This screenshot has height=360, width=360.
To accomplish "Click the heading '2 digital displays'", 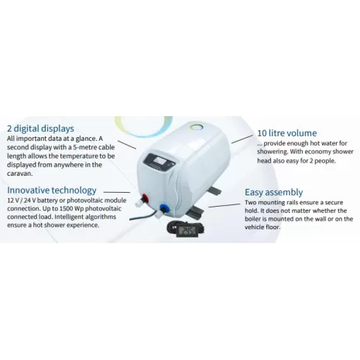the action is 40,129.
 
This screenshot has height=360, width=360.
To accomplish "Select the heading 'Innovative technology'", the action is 52,190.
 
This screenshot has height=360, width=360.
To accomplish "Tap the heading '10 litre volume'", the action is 287,133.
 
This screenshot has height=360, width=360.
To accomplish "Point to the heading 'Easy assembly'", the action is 274,192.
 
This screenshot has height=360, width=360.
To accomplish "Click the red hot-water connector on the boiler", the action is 144,199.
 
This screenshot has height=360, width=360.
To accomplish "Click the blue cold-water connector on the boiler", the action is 163,208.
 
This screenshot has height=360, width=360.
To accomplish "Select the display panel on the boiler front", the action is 160,162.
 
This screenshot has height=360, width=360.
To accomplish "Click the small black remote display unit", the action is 186,229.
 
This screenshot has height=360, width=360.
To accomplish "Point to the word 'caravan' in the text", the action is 20,173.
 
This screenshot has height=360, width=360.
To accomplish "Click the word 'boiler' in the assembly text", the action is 253,219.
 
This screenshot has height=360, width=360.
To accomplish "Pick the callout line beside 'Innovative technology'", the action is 117,192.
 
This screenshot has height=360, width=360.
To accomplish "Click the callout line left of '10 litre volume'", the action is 242,139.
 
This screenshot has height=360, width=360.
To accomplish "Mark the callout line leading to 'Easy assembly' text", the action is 225,205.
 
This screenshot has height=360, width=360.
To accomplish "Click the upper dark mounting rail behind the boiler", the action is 214,190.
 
